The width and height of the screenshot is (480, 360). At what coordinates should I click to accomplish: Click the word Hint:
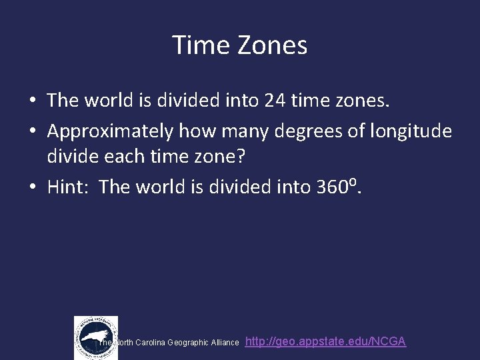pyautogui.click(x=70, y=187)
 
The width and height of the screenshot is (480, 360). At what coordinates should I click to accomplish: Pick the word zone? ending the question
pyautogui.click(x=223, y=159)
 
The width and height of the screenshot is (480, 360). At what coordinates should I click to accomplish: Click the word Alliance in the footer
pyautogui.click(x=225, y=343)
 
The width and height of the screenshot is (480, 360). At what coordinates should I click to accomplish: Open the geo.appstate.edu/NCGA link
pyautogui.click(x=325, y=341)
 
